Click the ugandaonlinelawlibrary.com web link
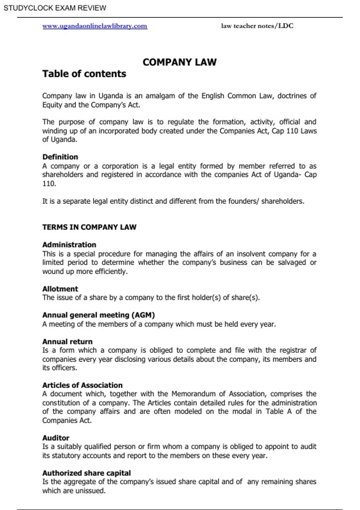coord(95,26)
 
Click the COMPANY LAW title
coord(179,62)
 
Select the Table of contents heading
coord(84,74)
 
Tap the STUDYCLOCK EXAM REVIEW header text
coord(55,8)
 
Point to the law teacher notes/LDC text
coord(257,26)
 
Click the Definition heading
coord(60,157)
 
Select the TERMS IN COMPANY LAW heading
coord(89,227)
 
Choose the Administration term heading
coord(69,245)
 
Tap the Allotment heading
coord(60,289)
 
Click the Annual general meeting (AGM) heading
coord(98,315)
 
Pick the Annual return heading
coord(67,342)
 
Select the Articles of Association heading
coord(82,385)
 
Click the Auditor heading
coord(56,438)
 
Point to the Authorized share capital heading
coord(86,473)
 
